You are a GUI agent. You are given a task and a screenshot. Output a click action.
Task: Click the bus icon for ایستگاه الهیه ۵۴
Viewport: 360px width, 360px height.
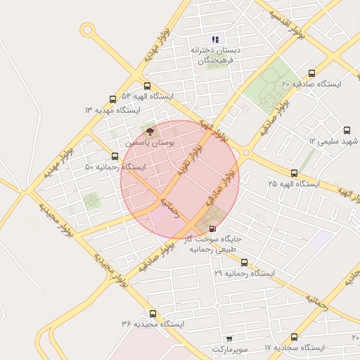pos(146,86)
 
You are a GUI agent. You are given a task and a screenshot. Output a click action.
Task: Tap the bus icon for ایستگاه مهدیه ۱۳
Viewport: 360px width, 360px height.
pos(112,100)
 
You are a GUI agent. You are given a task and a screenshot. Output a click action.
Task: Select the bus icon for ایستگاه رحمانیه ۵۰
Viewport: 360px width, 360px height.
pos(115,157)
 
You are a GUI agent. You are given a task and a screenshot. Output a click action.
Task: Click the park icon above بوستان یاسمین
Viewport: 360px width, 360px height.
pos(148,131)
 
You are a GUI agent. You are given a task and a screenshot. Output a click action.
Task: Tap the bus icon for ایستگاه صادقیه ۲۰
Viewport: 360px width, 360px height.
pos(311,73)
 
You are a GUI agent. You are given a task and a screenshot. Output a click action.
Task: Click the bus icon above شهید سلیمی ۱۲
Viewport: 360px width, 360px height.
pos(347,130)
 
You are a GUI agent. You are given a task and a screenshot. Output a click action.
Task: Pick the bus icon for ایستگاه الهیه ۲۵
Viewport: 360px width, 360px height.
pos(293,173)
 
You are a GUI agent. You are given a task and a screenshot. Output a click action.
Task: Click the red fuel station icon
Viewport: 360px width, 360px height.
pos(213,229)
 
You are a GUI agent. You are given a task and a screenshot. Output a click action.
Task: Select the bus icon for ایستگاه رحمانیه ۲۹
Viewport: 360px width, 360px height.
pos(244,262)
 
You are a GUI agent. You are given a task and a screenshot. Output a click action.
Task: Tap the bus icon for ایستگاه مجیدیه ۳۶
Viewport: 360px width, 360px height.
pos(153,314)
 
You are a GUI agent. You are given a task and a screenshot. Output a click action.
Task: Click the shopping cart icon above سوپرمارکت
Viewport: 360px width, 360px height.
pos(229,339)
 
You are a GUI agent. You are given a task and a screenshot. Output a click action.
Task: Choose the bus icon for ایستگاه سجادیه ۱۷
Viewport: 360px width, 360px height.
pos(293,337)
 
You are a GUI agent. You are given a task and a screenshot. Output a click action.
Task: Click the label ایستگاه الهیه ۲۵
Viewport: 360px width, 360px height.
pos(293,184)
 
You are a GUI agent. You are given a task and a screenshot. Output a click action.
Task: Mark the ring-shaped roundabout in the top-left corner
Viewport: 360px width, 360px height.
pos(87,30)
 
